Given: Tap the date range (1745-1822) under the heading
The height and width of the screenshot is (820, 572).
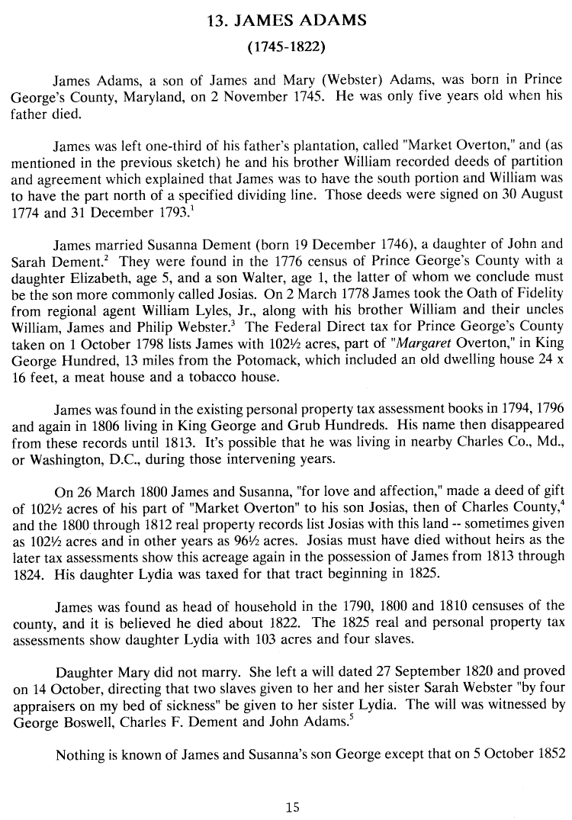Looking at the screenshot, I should pyautogui.click(x=287, y=47).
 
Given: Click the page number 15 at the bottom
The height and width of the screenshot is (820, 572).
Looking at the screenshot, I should pyautogui.click(x=292, y=808).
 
